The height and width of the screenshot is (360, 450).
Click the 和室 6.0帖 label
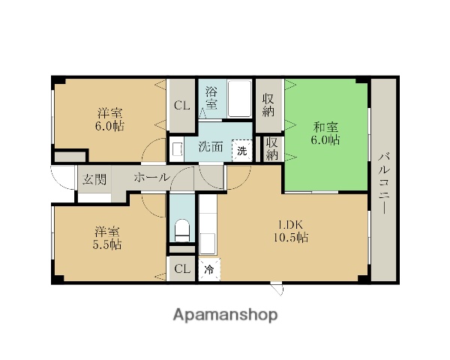tap(325, 133)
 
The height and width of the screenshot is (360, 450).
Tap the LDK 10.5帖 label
tap(291, 231)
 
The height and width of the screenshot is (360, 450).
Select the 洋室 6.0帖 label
tap(110, 119)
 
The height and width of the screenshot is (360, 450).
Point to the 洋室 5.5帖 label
tap(107, 238)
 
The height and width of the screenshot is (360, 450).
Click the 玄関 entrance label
tap(94, 179)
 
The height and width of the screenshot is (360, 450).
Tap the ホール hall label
tap(152, 178)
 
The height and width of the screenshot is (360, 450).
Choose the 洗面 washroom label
tap(211, 147)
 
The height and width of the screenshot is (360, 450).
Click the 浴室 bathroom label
tap(211, 98)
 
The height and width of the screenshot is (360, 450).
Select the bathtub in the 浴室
tap(240, 98)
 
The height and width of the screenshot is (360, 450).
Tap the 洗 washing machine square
tap(242, 151)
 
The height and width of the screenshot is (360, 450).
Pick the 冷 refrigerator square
tap(209, 269)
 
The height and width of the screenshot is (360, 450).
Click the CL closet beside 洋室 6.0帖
tap(182, 106)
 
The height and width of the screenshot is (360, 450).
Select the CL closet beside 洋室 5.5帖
tap(182, 269)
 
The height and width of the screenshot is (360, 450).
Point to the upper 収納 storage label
tap(268, 105)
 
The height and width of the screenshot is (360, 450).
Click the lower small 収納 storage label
tap(271, 149)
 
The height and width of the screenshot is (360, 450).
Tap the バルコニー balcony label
tap(384, 184)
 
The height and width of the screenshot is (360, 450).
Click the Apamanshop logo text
tap(225, 315)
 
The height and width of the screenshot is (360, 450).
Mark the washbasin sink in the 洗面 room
tap(176, 149)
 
